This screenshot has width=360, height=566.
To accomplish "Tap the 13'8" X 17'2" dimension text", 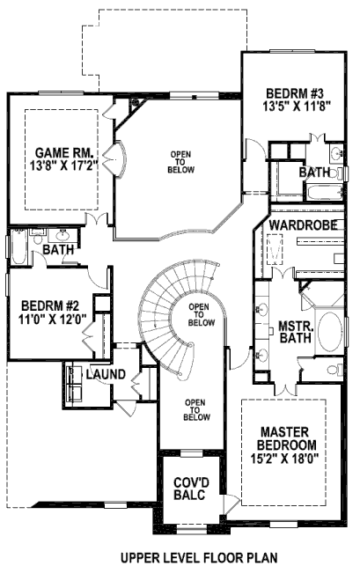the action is point(64,165).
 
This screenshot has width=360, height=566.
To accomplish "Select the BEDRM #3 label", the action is point(294,93).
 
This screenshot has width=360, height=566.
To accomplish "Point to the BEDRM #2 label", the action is point(50,306).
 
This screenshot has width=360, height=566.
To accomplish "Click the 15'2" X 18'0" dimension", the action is point(284,458).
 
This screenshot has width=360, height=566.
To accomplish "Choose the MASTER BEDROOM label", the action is point(284,438).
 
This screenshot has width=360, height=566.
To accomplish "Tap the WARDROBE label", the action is point(304,225).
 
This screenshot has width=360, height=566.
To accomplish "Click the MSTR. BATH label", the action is point(296,332).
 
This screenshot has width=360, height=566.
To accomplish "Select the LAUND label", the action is point(106,374).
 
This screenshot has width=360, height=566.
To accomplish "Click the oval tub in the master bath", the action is point(330,331).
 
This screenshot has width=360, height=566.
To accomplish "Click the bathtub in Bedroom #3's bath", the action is point(324,192).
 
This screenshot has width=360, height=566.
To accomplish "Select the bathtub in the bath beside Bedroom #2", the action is point(18,247).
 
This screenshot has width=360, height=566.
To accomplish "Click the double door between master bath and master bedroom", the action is point(285,389).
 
